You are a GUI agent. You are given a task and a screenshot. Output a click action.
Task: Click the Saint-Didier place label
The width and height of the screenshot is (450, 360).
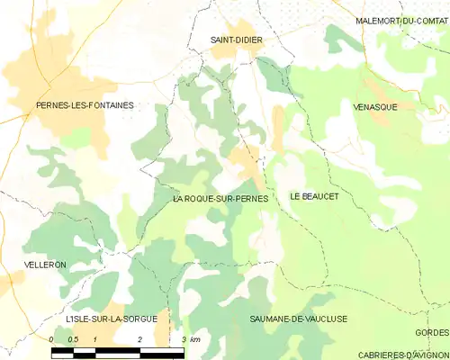coord(236,40)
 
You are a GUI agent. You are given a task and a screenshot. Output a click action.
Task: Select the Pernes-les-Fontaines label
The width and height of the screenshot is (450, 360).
coord(85,105)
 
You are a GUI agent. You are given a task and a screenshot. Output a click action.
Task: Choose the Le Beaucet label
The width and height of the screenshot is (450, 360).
coord(313,196)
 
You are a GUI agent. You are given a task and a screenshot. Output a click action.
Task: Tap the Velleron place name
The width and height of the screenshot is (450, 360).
coord(46,265)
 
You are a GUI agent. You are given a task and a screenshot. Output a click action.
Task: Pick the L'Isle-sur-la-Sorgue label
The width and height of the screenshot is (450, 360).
coord(111,319)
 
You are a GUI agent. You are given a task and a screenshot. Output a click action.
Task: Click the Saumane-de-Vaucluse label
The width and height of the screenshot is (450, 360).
coord(299,319)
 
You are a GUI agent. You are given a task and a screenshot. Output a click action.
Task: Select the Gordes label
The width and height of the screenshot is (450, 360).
coord(432,333)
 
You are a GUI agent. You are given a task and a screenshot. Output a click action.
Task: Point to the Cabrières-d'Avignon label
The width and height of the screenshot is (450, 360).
coord(402,354)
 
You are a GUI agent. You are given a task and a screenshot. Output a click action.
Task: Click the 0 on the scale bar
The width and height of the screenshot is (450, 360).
coord(52,338)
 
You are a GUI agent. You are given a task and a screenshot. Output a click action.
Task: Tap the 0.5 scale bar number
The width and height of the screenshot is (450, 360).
coord(74,338)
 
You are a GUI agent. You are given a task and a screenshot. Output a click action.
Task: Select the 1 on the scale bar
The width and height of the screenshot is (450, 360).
coord(95,338)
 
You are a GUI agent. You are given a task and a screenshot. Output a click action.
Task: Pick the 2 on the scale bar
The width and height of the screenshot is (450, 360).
coord(139,338)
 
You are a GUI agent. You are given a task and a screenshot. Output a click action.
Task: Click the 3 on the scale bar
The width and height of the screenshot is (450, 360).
coord(183,338)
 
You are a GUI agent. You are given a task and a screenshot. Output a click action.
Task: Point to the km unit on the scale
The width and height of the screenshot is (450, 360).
coord(194,338)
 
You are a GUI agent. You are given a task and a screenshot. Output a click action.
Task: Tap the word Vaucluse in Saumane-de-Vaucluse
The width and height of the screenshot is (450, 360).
coord(325,319)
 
